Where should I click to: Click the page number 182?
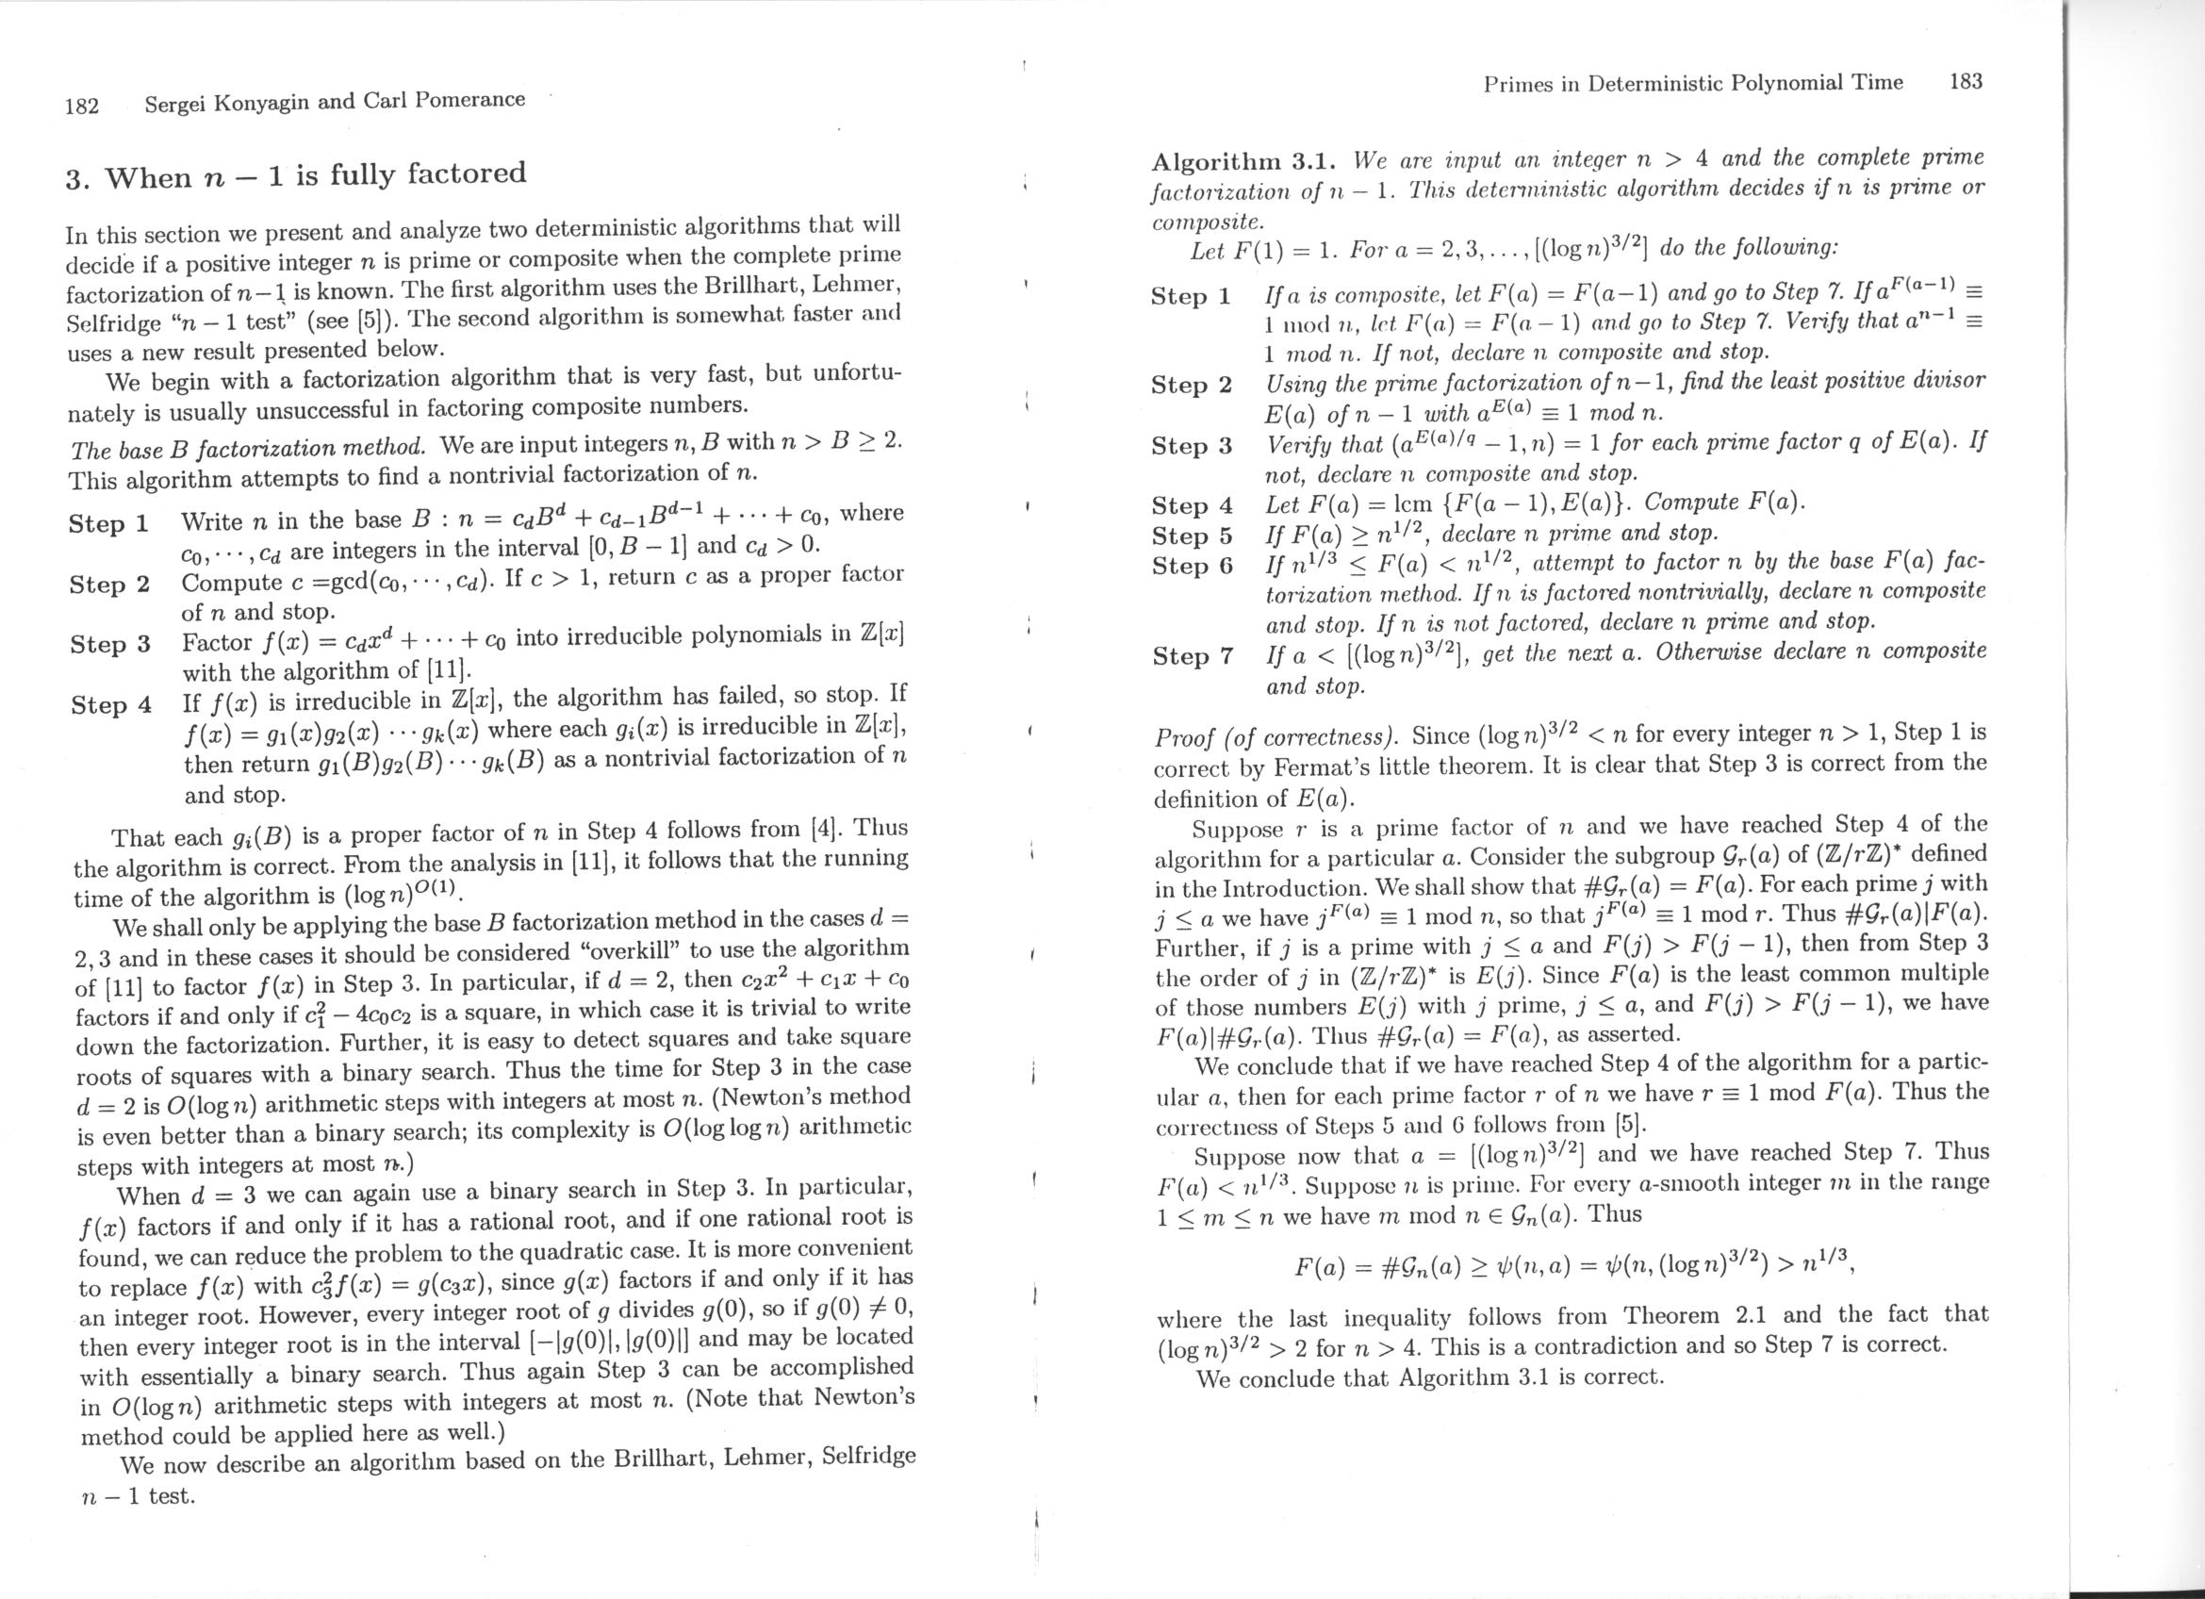pyautogui.click(x=83, y=106)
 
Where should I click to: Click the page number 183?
pyautogui.click(x=1965, y=82)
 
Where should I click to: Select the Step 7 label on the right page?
pyautogui.click(x=1192, y=656)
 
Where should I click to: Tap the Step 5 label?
pyautogui.click(x=1192, y=536)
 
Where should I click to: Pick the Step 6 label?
pyautogui.click(x=1192, y=566)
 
